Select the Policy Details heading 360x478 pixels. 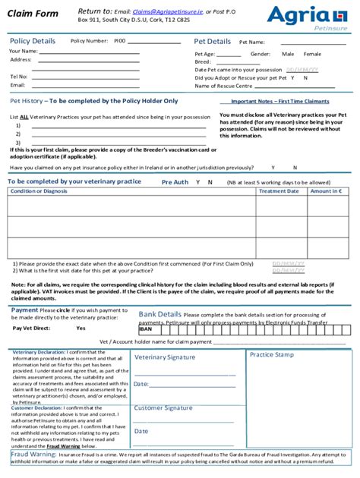click(32, 41)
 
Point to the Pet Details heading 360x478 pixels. click(212, 42)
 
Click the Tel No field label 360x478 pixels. click(18, 77)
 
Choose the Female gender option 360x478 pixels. click(312, 55)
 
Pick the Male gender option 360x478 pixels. click(288, 55)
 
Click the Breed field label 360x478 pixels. click(203, 62)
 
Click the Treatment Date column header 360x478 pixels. click(279, 191)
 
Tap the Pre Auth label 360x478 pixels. click(175, 182)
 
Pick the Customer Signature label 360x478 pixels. click(163, 408)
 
